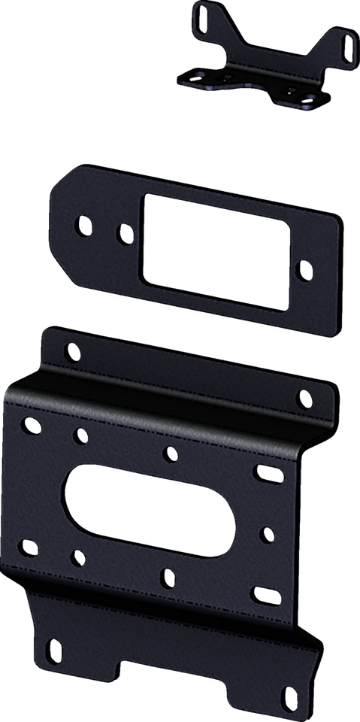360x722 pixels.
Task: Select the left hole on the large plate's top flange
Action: [71, 350]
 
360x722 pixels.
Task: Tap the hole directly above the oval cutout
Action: [171, 454]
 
